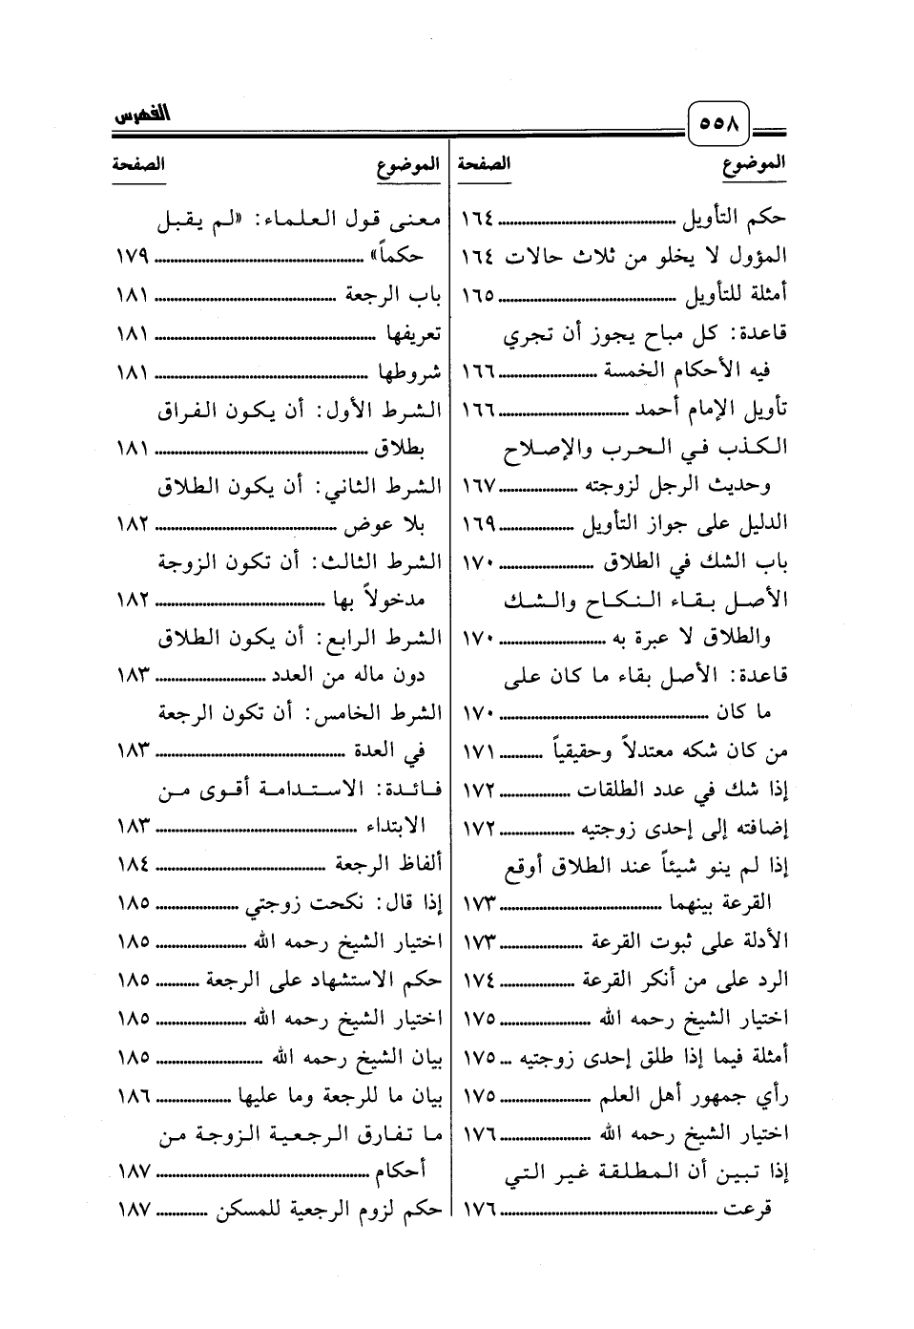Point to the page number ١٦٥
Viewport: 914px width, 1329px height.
478,295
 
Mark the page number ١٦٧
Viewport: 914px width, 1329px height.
478,486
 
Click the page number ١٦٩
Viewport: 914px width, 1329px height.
478,524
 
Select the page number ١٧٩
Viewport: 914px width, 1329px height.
133,257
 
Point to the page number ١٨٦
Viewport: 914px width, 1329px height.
133,1097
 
